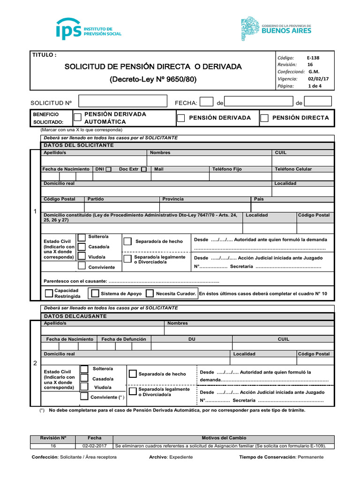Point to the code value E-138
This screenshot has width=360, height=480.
click(x=313, y=58)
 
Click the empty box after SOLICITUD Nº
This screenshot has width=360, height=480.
click(x=123, y=102)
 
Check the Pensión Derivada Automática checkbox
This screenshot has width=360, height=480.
click(x=78, y=118)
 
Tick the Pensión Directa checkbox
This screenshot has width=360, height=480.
click(x=264, y=118)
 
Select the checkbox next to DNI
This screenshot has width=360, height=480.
click(x=108, y=169)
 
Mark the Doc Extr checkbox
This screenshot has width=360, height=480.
click(x=143, y=169)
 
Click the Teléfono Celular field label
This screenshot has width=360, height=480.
click(x=293, y=169)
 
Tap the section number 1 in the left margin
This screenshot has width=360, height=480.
click(x=35, y=212)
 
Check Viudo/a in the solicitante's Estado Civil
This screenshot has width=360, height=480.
click(x=82, y=256)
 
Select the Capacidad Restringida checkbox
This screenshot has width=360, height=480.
click(x=49, y=293)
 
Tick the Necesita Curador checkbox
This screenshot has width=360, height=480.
click(x=150, y=293)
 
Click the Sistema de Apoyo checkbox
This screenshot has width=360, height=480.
click(x=95, y=293)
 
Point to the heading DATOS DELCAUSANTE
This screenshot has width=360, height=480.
click(x=75, y=316)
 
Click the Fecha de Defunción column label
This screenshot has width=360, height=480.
click(x=124, y=339)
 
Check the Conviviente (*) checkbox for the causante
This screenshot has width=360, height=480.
click(x=84, y=397)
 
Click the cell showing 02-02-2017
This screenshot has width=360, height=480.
click(x=94, y=446)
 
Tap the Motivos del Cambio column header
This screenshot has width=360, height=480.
click(x=224, y=438)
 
